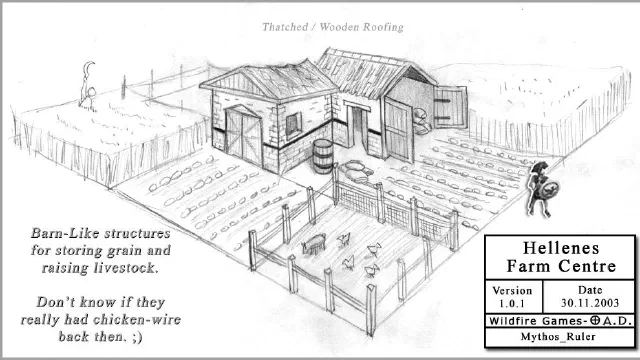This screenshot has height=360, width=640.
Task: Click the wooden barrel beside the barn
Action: click(x=323, y=156)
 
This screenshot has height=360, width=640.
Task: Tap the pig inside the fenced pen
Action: click(x=314, y=243)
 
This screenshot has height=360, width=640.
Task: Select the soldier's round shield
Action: click(x=550, y=189)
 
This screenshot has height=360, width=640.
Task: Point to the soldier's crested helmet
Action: click(x=540, y=167)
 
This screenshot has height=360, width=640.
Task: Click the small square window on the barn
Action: click(x=293, y=124)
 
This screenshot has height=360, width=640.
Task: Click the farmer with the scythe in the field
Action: click(x=87, y=87)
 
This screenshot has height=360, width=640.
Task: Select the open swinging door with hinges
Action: click(x=450, y=107)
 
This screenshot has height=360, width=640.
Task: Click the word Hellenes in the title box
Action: click(x=561, y=248)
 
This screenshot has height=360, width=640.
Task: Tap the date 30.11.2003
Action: click(x=590, y=303)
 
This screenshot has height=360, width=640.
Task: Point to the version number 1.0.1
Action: click(x=511, y=304)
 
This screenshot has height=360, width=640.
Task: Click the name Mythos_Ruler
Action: click(x=558, y=337)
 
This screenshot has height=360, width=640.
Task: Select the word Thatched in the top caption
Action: click(x=285, y=27)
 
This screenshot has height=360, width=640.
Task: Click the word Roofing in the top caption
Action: click(x=383, y=27)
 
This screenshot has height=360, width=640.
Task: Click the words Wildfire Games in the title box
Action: click(x=535, y=321)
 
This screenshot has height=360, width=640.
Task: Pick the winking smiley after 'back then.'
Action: click(x=137, y=337)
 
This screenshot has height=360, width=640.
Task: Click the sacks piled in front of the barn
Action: click(x=356, y=171)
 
